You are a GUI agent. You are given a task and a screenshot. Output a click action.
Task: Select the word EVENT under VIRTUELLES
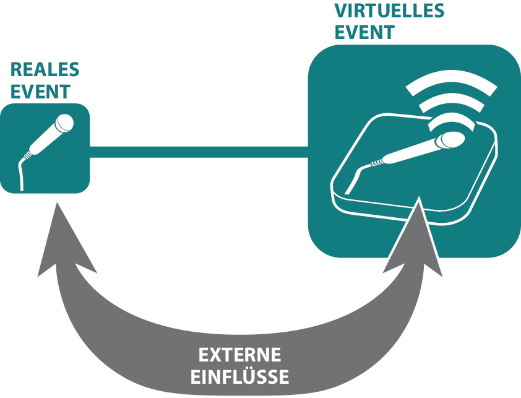(364, 32)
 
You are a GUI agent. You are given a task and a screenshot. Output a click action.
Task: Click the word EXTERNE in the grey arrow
(239, 356)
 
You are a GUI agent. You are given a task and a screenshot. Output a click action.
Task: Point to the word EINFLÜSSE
(239, 377)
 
